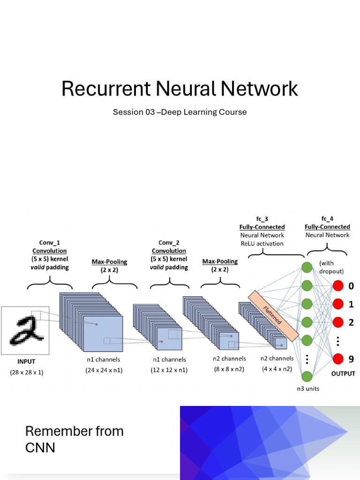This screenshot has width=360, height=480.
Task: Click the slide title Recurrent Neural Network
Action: click(180, 89)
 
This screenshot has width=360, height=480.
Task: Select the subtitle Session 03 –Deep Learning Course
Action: click(180, 112)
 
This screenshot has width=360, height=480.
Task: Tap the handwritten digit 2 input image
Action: click(25, 330)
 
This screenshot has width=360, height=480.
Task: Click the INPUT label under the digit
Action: click(26, 361)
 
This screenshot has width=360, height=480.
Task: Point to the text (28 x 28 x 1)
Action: click(26, 373)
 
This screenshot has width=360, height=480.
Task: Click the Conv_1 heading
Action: click(50, 243)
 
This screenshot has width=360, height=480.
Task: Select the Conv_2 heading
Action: click(169, 243)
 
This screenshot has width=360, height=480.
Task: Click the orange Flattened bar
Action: click(273, 315)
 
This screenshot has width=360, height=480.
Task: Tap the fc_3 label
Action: click(262, 219)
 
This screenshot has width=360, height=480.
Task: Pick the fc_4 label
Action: click(327, 219)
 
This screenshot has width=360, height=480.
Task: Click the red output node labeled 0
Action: click(338, 286)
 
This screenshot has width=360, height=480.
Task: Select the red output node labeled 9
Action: click(338, 359)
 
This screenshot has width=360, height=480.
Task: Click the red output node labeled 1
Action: click(338, 304)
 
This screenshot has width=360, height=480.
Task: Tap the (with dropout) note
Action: click(331, 267)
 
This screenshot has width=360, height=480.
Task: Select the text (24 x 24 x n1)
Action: click(103, 370)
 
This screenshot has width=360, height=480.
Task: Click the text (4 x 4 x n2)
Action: click(277, 369)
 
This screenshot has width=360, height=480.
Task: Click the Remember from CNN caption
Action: click(74, 439)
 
